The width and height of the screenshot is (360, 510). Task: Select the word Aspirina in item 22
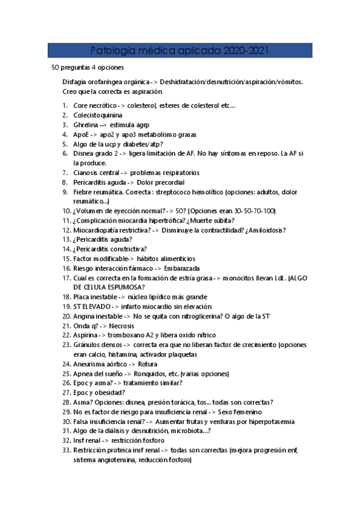coord(87,335)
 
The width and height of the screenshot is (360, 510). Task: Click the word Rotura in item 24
coord(148,364)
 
